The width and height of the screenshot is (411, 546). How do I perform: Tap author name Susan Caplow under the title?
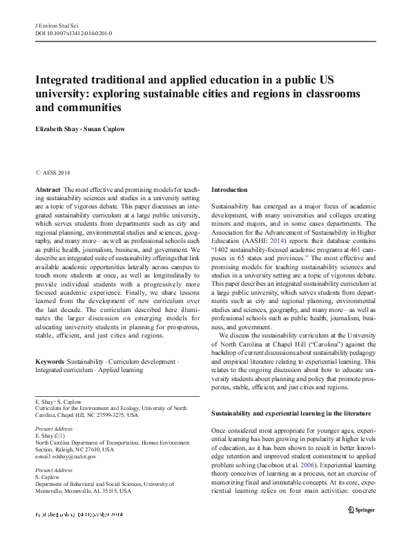(111, 128)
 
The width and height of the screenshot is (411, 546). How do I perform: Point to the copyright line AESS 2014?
(55, 173)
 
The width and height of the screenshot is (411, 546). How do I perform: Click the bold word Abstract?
(46, 189)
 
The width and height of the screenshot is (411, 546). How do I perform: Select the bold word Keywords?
(49, 362)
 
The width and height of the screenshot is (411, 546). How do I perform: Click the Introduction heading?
(229, 189)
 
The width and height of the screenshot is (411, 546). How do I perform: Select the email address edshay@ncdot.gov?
(65, 456)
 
